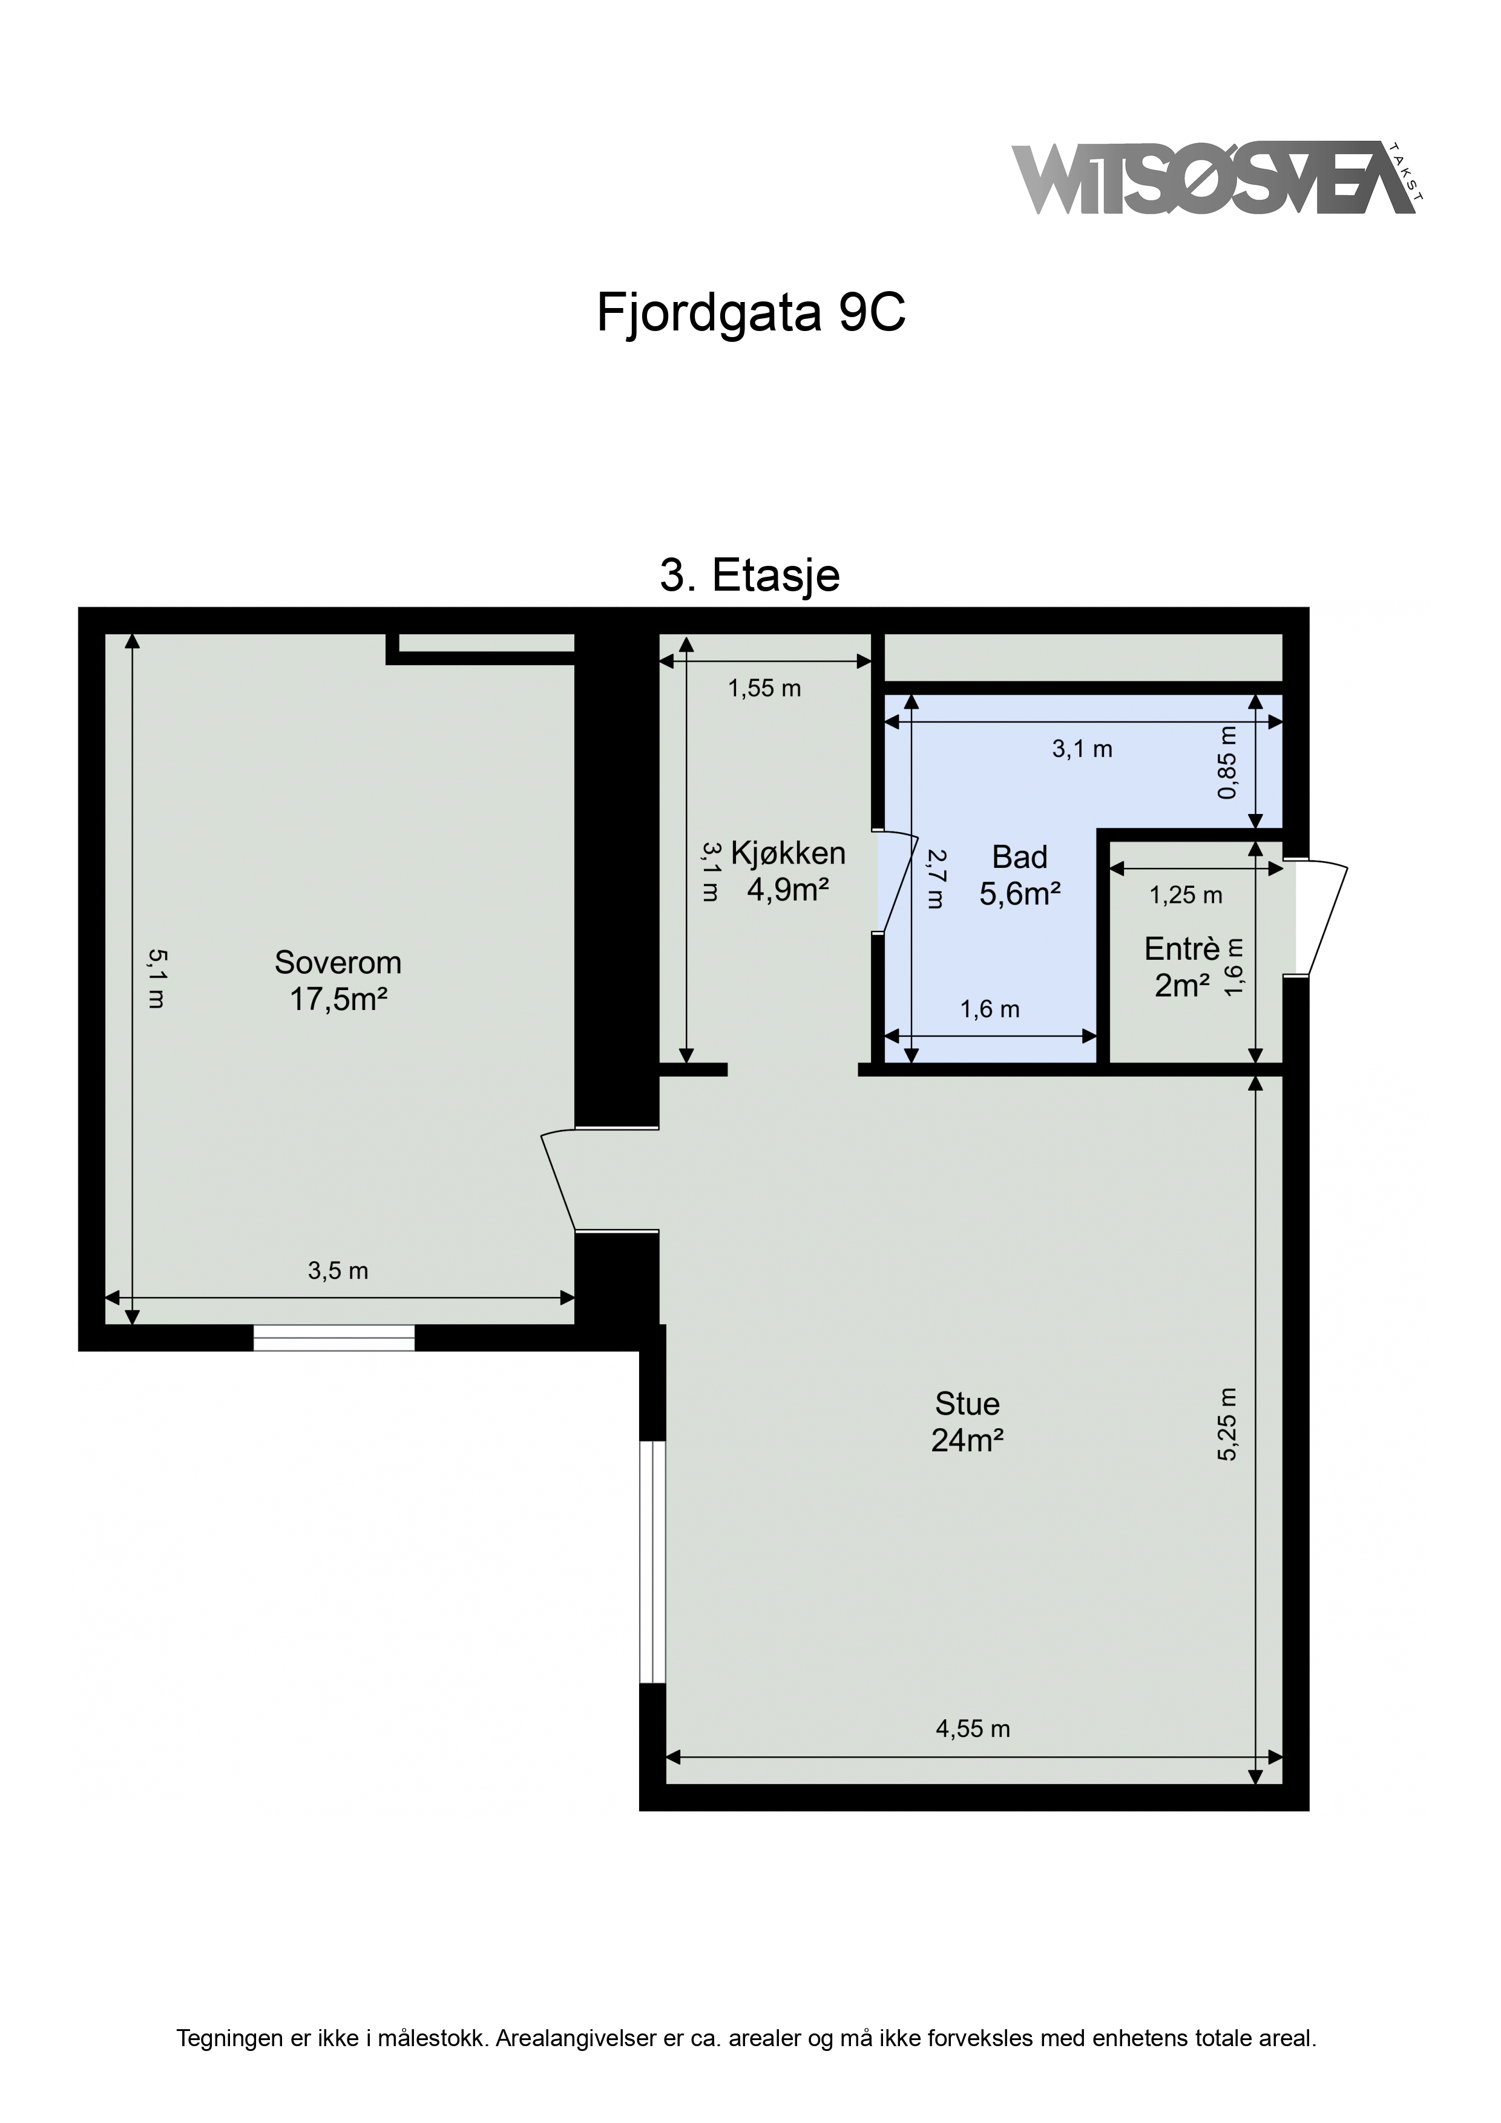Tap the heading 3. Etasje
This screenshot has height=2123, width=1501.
750,574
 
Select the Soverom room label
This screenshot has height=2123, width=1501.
338,980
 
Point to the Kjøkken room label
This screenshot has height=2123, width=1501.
788,870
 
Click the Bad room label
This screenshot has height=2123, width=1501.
1020,874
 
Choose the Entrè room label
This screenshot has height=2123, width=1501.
1183,967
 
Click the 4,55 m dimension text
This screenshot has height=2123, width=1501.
973,1728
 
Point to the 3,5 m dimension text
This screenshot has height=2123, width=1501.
338,1270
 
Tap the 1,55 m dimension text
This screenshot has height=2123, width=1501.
765,688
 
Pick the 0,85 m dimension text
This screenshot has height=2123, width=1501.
1227,763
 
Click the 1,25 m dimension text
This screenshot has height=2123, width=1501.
1186,895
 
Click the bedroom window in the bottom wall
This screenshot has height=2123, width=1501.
334,1338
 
